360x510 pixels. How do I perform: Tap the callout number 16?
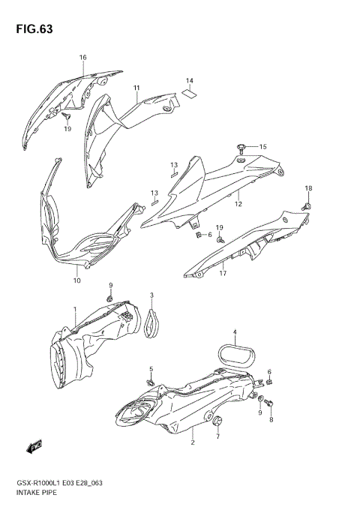click(83, 58)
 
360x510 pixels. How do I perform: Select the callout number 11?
click(137, 88)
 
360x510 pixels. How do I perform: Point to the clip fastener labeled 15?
click(242, 145)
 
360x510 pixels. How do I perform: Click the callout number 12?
click(238, 203)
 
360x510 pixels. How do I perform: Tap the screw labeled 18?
click(307, 204)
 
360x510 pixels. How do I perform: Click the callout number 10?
click(76, 280)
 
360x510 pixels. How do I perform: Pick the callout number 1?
click(75, 309)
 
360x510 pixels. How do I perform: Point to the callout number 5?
click(151, 369)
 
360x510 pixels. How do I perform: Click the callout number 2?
click(192, 443)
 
